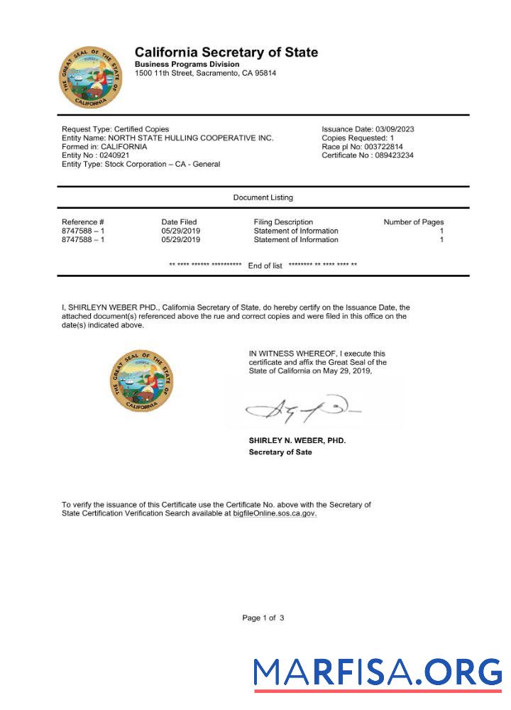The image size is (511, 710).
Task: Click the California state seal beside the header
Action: point(91,77)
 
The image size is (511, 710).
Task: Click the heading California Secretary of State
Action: point(226,53)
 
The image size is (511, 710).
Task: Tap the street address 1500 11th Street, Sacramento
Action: point(205,73)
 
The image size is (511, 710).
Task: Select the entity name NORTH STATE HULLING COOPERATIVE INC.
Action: point(190,138)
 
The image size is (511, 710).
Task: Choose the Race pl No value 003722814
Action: point(382,146)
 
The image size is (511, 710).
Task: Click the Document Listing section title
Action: point(263,197)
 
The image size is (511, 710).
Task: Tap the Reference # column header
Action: point(83,222)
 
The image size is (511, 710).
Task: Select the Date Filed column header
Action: point(179,222)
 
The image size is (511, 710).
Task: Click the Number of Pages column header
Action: point(413,222)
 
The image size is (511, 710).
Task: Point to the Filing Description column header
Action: point(283,222)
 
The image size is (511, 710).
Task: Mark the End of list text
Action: point(265,266)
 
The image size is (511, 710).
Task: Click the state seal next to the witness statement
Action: point(141,380)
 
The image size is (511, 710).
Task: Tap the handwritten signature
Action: point(302,409)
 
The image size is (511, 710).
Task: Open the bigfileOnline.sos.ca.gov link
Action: point(275,513)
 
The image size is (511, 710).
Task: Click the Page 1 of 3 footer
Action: point(263,618)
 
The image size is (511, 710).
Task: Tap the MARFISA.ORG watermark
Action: point(378,672)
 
